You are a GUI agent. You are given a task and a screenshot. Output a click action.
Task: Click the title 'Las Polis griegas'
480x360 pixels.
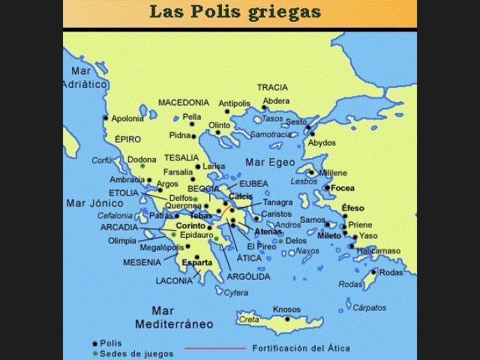235,11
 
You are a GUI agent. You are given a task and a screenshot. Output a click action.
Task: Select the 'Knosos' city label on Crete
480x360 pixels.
286,309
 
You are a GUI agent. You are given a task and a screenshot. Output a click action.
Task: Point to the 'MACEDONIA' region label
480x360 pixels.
184,102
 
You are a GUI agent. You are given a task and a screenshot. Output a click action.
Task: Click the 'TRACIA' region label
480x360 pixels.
272,87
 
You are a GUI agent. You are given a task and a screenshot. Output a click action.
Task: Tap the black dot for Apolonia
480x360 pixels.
106,118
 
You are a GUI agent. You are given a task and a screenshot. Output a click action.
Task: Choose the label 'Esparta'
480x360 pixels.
196,263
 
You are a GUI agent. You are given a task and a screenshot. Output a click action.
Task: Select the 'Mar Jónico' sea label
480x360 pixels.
94,202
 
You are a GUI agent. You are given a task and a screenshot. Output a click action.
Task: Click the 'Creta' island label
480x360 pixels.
249,319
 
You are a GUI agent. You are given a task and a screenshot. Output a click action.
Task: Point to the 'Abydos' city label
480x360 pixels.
322,142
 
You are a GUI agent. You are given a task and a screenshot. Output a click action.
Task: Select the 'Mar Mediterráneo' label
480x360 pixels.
173,317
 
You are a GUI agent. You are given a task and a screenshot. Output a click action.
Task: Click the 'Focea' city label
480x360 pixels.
343,187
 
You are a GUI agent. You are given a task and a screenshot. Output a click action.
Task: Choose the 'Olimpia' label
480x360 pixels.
122,241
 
